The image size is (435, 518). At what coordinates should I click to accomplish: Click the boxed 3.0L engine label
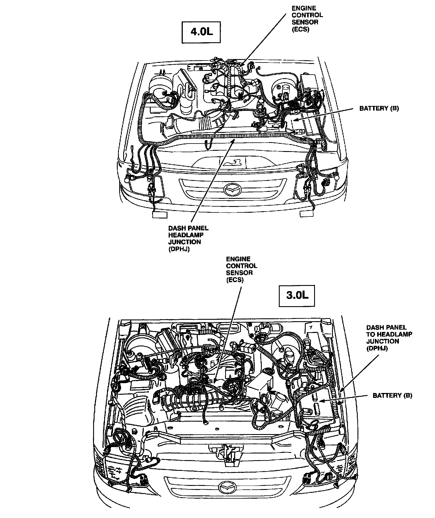[297, 295]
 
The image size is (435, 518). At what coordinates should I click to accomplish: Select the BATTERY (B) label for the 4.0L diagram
[379, 108]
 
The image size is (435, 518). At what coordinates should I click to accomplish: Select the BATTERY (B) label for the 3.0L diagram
[392, 395]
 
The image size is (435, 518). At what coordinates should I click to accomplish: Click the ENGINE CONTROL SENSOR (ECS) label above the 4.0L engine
[307, 19]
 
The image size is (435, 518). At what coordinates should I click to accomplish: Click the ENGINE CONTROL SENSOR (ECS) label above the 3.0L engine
[241, 269]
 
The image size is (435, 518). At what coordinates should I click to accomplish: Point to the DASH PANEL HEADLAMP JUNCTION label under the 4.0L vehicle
[188, 238]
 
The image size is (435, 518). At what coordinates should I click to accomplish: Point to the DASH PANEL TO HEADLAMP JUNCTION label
[389, 338]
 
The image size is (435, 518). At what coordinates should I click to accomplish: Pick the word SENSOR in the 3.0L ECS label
[239, 273]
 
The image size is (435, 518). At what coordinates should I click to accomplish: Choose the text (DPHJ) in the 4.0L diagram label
[179, 249]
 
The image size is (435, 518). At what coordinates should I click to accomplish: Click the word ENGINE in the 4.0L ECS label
[304, 8]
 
